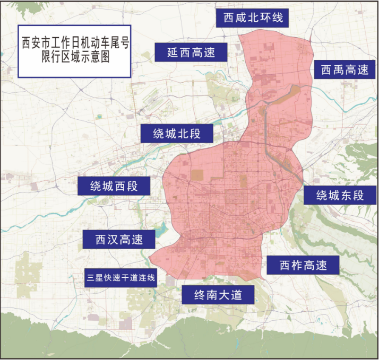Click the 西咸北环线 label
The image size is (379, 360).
click(x=253, y=17)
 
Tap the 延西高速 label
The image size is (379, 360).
click(x=191, y=52)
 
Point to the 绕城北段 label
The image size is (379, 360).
click(x=177, y=133)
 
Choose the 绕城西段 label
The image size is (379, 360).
click(x=114, y=186)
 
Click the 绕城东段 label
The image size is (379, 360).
click(x=340, y=195)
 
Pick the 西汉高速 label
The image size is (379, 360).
click(x=119, y=239)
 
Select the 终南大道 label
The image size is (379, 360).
click(x=218, y=295)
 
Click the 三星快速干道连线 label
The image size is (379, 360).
click(x=121, y=277)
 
